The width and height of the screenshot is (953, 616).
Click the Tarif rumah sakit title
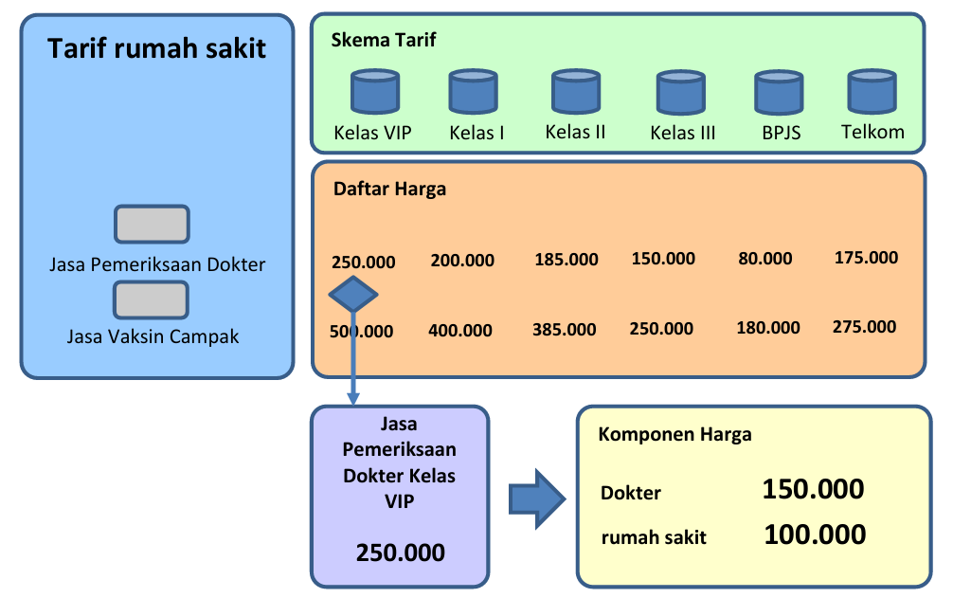point(157,48)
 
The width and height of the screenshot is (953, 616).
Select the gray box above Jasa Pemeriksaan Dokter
point(152,224)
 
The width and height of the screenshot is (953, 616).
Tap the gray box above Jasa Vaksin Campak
point(151,299)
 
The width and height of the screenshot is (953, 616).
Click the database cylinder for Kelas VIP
point(375,92)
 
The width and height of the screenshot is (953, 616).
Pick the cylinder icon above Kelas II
point(576,91)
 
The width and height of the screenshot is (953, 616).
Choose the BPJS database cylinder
point(779,93)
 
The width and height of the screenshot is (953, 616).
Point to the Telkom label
point(872,132)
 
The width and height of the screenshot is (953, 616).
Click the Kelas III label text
point(682,133)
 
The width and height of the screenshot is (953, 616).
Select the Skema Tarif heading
point(384,40)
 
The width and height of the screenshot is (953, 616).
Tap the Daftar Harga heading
point(389,190)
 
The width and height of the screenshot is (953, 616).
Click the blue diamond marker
point(353,295)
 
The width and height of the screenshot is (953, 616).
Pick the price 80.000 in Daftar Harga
point(765,259)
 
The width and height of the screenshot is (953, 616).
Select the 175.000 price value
point(866,258)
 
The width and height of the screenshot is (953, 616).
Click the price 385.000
point(564,330)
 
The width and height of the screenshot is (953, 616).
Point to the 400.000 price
point(460,330)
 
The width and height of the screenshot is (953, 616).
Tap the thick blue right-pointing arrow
point(537,499)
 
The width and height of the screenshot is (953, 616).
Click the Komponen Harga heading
point(674,434)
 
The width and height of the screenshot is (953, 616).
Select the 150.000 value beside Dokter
point(813,489)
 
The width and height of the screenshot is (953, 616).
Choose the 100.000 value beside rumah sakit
point(815,534)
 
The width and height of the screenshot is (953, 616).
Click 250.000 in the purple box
point(401,553)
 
